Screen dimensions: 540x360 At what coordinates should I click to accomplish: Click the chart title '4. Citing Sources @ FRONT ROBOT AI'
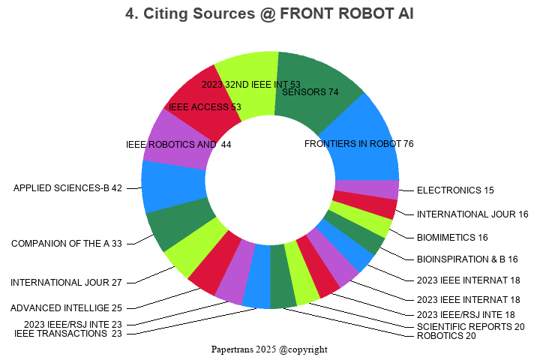pyautogui.click(x=269, y=13)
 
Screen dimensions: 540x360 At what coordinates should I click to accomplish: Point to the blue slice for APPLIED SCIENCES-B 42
pyautogui.click(x=174, y=187)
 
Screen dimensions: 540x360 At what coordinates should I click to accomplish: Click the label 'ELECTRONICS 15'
pyautogui.click(x=455, y=190)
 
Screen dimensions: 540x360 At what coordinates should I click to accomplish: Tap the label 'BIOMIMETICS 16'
pyautogui.click(x=452, y=238)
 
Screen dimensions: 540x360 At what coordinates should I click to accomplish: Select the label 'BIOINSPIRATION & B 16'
pyautogui.click(x=467, y=259)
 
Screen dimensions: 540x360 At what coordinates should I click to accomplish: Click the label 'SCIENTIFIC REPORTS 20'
pyautogui.click(x=471, y=326)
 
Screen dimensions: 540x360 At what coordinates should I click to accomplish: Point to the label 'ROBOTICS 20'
pyautogui.click(x=446, y=336)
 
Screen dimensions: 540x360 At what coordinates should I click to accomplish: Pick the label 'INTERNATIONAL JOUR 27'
pyautogui.click(x=66, y=283)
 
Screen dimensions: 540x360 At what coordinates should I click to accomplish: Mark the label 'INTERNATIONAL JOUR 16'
pyautogui.click(x=472, y=214)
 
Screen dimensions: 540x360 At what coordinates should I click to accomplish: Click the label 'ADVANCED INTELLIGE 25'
pyautogui.click(x=66, y=308)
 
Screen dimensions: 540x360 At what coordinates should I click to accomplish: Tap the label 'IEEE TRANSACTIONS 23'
pyautogui.click(x=67, y=334)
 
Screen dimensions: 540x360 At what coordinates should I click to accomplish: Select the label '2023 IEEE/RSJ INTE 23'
pyautogui.click(x=73, y=325)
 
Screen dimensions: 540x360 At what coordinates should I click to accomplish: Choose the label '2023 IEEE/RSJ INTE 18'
pyautogui.click(x=466, y=315)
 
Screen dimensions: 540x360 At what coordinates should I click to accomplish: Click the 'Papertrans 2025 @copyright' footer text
pyautogui.click(x=269, y=349)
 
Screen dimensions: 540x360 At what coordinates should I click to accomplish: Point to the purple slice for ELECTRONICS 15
pyautogui.click(x=367, y=190)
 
